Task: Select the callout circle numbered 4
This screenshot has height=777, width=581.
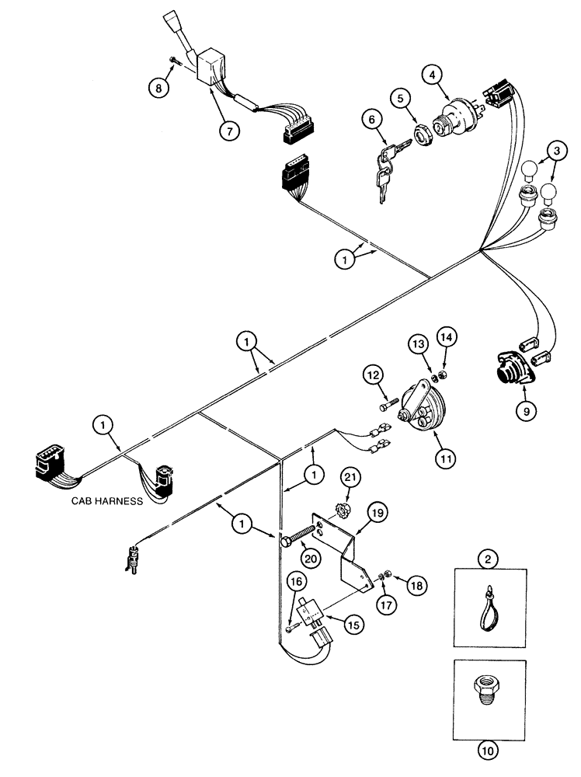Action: pos(433,75)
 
